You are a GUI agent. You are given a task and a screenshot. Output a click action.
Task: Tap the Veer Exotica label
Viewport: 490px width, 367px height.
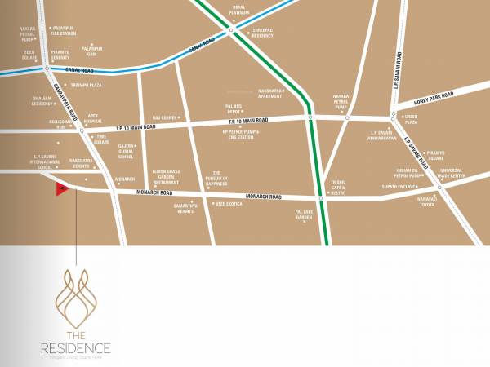tap(229, 204)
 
